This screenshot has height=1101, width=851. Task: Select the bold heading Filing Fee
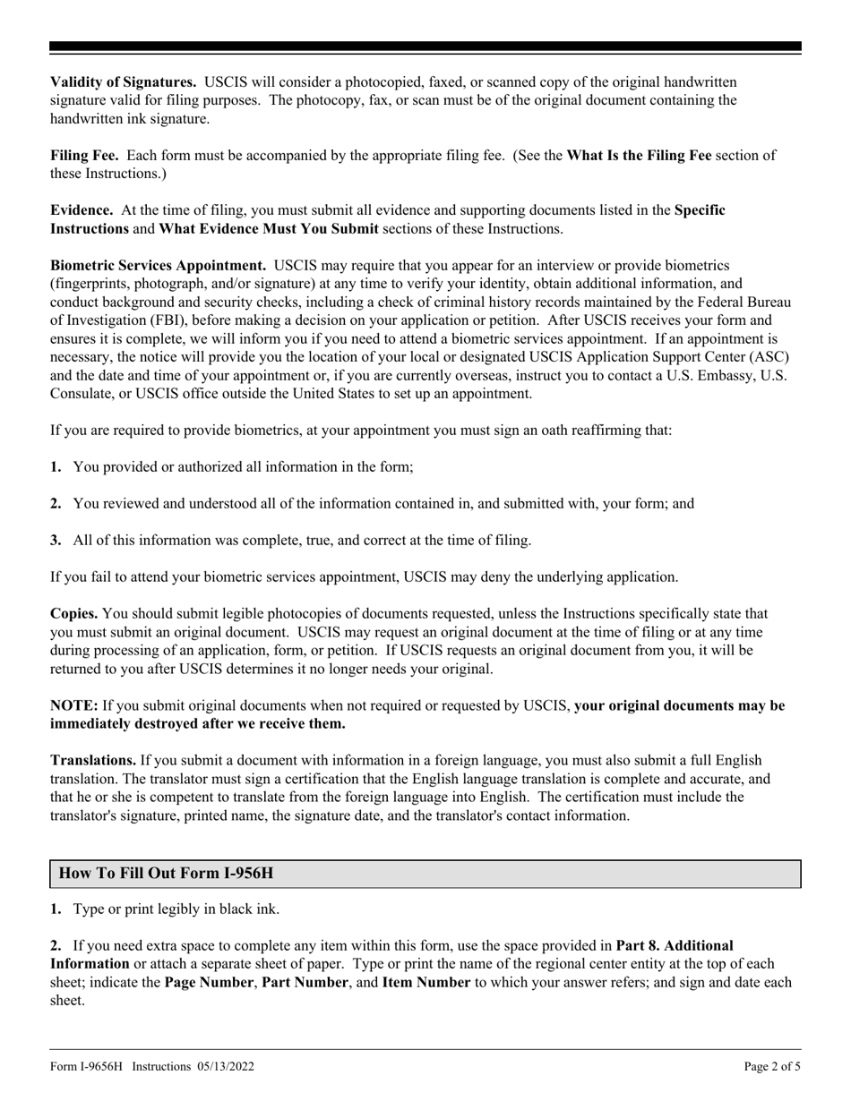pos(86,156)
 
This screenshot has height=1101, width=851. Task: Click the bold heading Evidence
pos(82,210)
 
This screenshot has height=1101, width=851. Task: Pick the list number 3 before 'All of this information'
pos(56,541)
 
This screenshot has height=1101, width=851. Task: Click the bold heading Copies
pos(74,614)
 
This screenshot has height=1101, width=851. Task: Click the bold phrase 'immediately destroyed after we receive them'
pos(198,724)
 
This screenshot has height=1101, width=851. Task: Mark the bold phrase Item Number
pos(426,983)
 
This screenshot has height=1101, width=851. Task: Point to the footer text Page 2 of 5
pos(772,1067)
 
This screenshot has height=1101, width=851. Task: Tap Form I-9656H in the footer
pos(90,1067)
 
